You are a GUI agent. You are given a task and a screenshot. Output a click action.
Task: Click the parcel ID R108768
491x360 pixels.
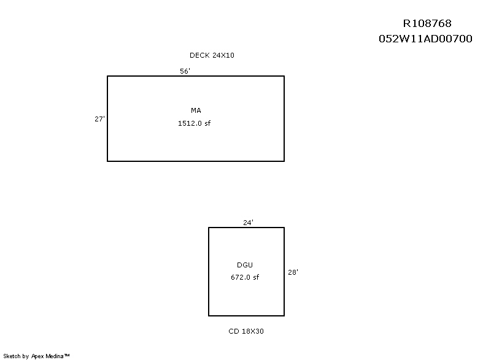427,23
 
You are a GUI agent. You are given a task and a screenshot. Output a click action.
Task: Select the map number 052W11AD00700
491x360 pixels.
425,39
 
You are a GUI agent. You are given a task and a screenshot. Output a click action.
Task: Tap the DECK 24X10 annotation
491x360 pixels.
212,55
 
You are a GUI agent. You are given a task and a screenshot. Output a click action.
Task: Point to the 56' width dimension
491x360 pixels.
185,71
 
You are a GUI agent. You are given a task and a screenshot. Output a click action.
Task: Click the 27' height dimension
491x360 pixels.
99,119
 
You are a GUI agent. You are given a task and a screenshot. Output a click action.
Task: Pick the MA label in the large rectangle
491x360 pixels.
196,110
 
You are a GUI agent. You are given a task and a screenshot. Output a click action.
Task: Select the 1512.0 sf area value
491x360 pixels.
194,123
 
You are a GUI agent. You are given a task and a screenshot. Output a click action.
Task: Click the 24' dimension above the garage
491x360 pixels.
248,223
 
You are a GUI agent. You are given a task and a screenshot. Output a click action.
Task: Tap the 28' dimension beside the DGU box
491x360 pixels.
293,272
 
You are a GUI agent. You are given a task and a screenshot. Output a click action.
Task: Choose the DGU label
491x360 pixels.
245,265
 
